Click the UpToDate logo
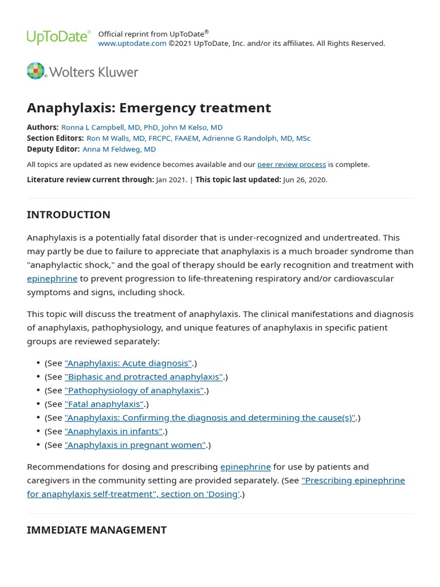click(58, 37)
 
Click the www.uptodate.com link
click(132, 44)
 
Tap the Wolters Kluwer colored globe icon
click(36, 71)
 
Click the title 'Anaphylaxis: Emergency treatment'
click(148, 108)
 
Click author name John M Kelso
click(192, 127)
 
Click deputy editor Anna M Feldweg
click(119, 149)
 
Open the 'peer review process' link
click(291, 165)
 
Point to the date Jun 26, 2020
click(305, 179)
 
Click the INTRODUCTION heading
click(68, 215)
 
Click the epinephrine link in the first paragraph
click(52, 279)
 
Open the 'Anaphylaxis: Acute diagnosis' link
click(128, 363)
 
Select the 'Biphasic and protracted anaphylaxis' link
click(144, 377)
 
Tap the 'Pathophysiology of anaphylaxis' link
click(135, 390)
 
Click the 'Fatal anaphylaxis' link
click(104, 404)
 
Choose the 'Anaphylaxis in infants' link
click(114, 432)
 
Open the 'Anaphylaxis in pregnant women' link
click(135, 445)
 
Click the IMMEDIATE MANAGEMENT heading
click(96, 530)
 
